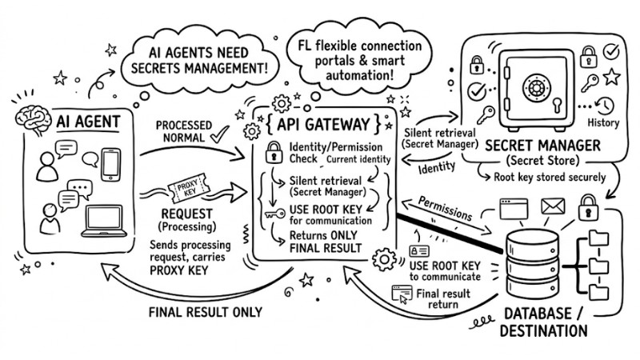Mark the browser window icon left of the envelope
coord(512,210)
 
